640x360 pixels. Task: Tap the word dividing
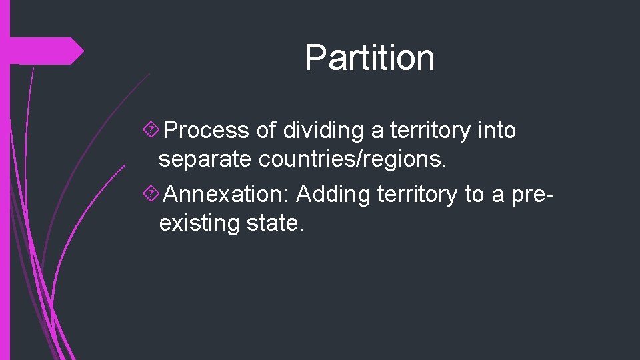(x=325, y=131)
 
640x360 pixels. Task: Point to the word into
(x=497, y=131)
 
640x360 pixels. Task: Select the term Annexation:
(x=227, y=194)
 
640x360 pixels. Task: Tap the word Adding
(x=333, y=194)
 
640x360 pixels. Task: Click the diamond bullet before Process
(x=152, y=131)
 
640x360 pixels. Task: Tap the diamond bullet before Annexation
(x=152, y=195)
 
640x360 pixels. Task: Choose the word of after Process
(x=266, y=131)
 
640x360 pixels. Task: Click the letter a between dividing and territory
(x=377, y=131)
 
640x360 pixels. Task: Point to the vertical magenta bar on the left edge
(x=5, y=200)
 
